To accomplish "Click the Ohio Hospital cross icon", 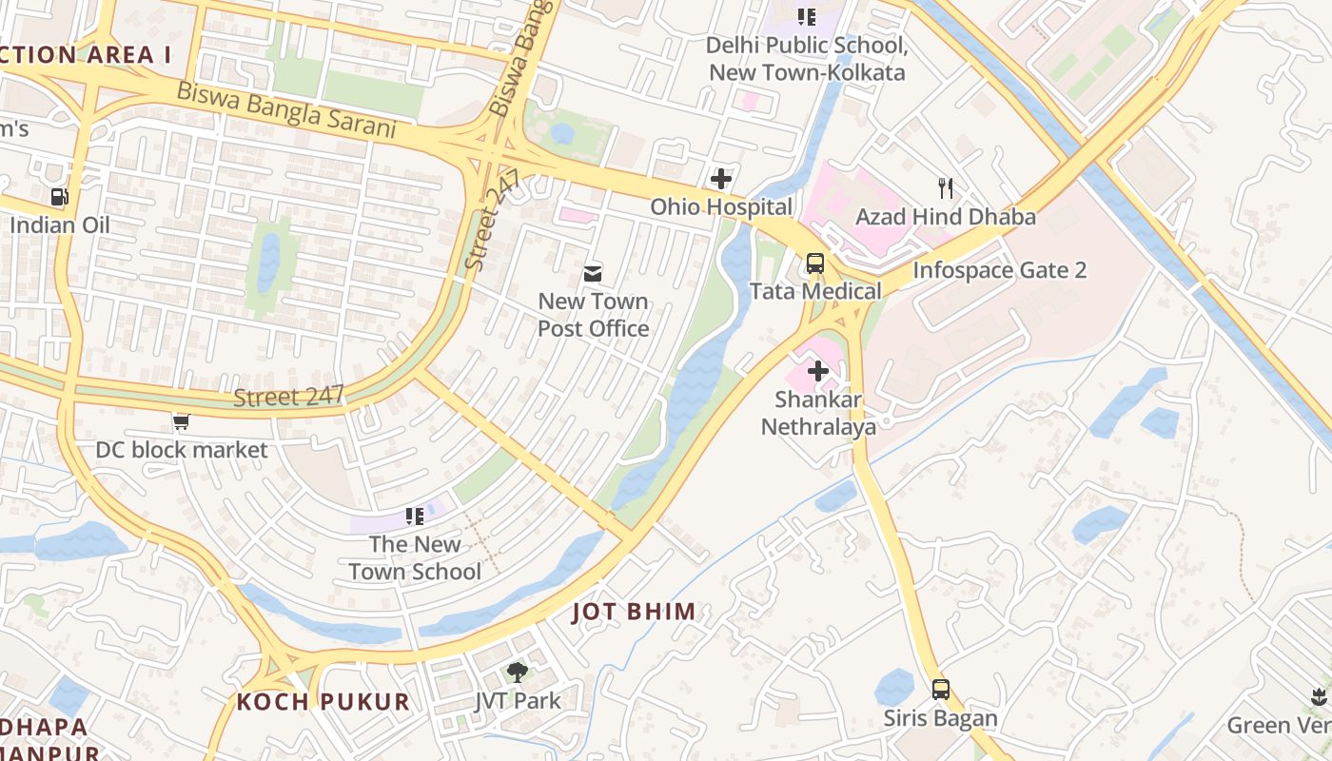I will [x=721, y=178].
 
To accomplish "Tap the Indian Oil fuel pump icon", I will [x=59, y=197].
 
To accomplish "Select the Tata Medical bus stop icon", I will [x=815, y=263].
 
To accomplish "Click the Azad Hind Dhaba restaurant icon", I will [x=945, y=187].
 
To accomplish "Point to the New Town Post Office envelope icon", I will [x=593, y=274].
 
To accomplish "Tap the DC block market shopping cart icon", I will [x=181, y=421].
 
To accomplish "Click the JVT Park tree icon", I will [x=517, y=673].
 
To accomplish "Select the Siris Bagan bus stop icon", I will [x=940, y=690].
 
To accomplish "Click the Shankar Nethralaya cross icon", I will [x=817, y=371].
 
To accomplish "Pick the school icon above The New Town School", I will [x=414, y=517].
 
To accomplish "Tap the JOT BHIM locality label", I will [x=634, y=612].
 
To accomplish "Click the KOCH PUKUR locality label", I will [x=323, y=702].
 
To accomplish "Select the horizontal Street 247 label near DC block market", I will [x=288, y=395].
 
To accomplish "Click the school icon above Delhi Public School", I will [x=807, y=16].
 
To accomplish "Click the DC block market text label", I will [x=182, y=450].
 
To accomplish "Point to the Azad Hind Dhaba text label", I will [x=945, y=217].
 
